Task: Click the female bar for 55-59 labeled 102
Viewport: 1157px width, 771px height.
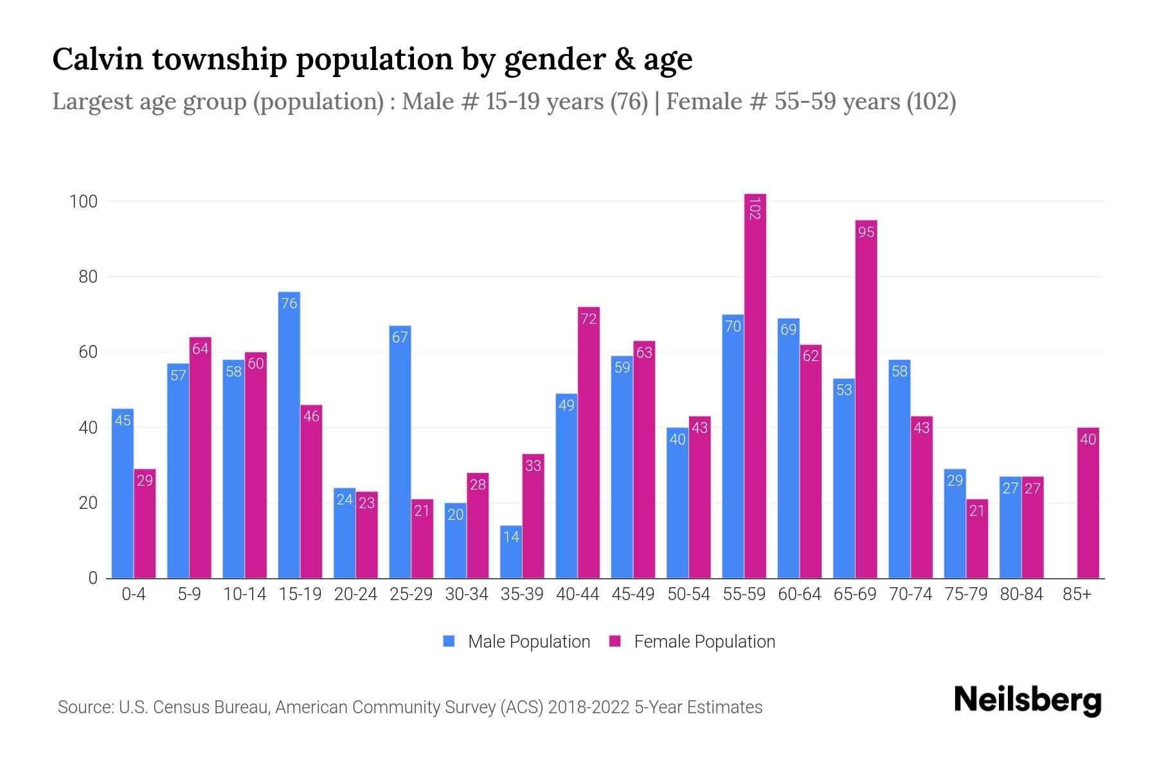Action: pos(755,385)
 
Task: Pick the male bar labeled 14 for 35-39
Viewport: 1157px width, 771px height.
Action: pos(511,553)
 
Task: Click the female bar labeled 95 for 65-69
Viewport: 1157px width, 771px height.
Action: pos(866,398)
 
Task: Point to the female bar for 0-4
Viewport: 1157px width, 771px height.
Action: pos(145,524)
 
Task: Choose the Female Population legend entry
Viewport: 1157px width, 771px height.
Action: pos(692,642)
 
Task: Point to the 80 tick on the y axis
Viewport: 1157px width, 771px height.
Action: pos(88,277)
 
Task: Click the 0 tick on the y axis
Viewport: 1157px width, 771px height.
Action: pos(93,578)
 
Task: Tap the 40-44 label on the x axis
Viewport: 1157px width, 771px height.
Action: pos(577,594)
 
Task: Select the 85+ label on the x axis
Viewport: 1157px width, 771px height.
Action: pos(1077,594)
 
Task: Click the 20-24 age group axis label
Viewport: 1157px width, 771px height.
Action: pos(355,594)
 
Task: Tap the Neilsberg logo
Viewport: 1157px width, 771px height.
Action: pos(1027,700)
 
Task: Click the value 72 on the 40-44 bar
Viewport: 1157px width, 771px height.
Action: pos(588,319)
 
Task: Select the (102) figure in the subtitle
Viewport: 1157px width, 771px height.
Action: pos(931,102)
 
